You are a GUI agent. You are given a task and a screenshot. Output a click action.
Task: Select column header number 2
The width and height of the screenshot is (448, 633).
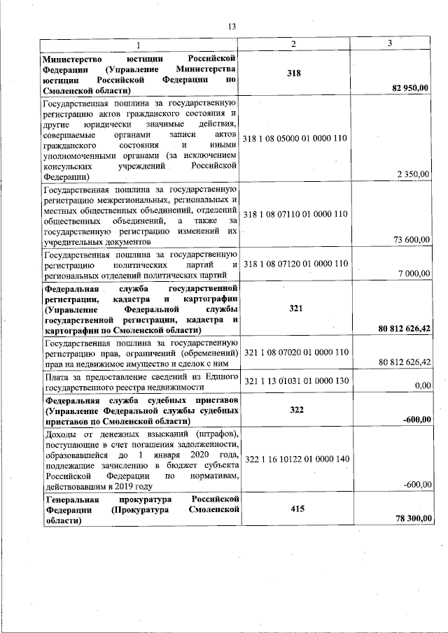pyautogui.click(x=295, y=44)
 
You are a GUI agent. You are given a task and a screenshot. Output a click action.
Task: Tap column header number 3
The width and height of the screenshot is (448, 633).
pyautogui.click(x=390, y=44)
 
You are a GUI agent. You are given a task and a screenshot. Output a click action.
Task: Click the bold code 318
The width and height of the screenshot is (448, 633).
pyautogui.click(x=295, y=73)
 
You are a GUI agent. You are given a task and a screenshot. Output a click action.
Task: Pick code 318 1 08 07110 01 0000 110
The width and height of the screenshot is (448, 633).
pyautogui.click(x=295, y=213)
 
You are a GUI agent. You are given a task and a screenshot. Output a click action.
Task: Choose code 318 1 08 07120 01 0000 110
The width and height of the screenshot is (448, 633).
pyautogui.click(x=295, y=264)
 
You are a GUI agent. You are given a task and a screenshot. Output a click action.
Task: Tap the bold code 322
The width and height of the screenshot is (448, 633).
pyautogui.click(x=295, y=409)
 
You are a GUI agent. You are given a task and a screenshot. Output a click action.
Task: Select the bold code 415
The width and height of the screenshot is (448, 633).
pyautogui.click(x=295, y=510)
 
